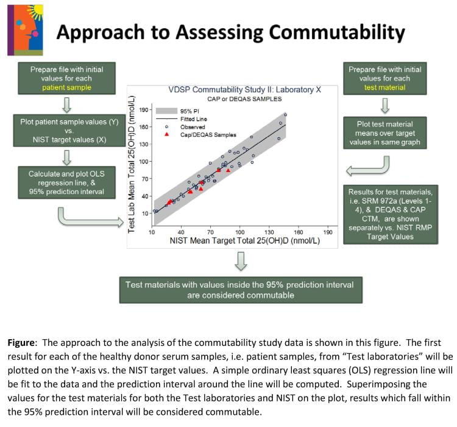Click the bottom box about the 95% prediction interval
[x=239, y=290]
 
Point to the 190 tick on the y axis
[x=144, y=110]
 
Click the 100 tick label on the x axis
[x=239, y=232]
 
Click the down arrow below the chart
[x=241, y=260]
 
